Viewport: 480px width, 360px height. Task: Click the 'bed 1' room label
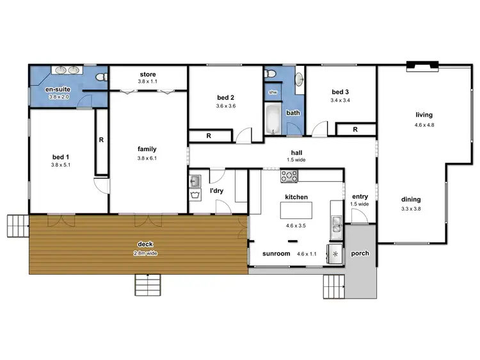[61, 156]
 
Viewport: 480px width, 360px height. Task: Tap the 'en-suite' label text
[58, 89]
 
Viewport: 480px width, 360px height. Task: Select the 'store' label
[148, 74]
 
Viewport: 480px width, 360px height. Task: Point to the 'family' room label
[147, 149]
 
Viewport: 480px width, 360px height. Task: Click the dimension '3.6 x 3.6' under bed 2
[226, 106]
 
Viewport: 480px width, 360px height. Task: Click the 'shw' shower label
[273, 92]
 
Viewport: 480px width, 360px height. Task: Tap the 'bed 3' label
[340, 91]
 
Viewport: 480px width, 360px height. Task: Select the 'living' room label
[424, 115]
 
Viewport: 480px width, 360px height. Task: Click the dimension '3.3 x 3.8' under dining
[411, 209]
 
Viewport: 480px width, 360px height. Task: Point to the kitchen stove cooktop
[289, 176]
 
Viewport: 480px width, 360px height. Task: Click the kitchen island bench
[296, 210]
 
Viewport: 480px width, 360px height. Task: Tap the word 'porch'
[360, 254]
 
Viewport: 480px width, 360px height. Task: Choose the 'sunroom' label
[276, 254]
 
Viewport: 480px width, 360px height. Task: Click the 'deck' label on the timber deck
[145, 243]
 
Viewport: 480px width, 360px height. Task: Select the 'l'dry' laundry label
[216, 191]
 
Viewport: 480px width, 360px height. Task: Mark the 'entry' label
[360, 196]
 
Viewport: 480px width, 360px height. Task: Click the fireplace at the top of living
[423, 65]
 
